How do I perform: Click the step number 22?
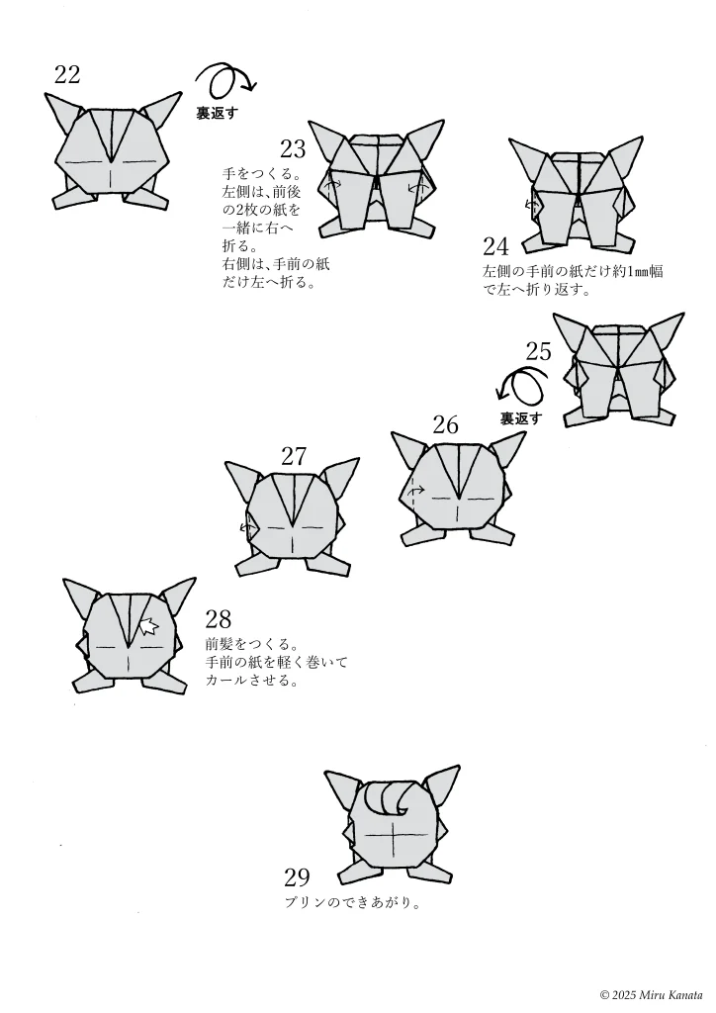[x=67, y=74]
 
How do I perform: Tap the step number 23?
[x=293, y=149]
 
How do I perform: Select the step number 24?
[x=495, y=246]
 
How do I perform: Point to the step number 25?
[x=539, y=351]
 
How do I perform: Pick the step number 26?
[x=446, y=424]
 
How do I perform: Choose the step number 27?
[x=294, y=456]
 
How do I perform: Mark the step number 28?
[x=218, y=620]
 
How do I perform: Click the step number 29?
[x=297, y=877]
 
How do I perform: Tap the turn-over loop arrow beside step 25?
[x=522, y=386]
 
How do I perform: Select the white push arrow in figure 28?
[x=148, y=625]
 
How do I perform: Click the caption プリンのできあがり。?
[x=353, y=902]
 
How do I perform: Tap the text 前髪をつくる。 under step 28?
[x=251, y=642]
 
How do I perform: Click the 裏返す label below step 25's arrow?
[x=521, y=418]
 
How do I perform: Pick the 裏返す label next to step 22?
[x=217, y=114]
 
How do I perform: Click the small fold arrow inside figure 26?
[x=417, y=490]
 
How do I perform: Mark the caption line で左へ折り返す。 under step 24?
[x=537, y=291]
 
